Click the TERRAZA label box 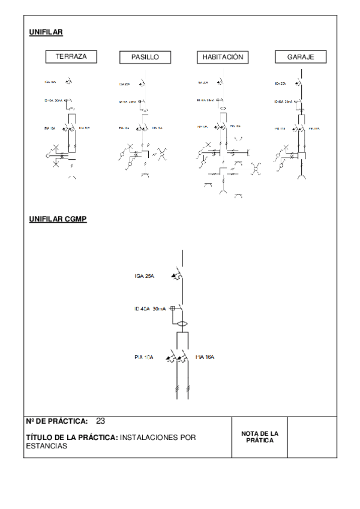pyautogui.click(x=71, y=56)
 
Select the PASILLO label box pyautogui.click(x=145, y=57)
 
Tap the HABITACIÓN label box pyautogui.click(x=222, y=57)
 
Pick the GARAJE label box pyautogui.click(x=301, y=57)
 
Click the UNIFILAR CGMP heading pyautogui.click(x=58, y=220)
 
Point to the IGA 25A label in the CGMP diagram pyautogui.click(x=145, y=277)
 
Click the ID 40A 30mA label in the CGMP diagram pyautogui.click(x=151, y=309)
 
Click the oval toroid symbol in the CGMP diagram pyautogui.click(x=182, y=324)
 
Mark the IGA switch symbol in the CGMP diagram pyautogui.click(x=179, y=276)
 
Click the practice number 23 pyautogui.click(x=100, y=421)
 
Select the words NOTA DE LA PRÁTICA pyautogui.click(x=260, y=436)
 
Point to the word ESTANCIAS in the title pyautogui.click(x=48, y=446)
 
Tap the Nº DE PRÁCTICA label pyautogui.click(x=58, y=421)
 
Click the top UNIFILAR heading pyautogui.click(x=46, y=32)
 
